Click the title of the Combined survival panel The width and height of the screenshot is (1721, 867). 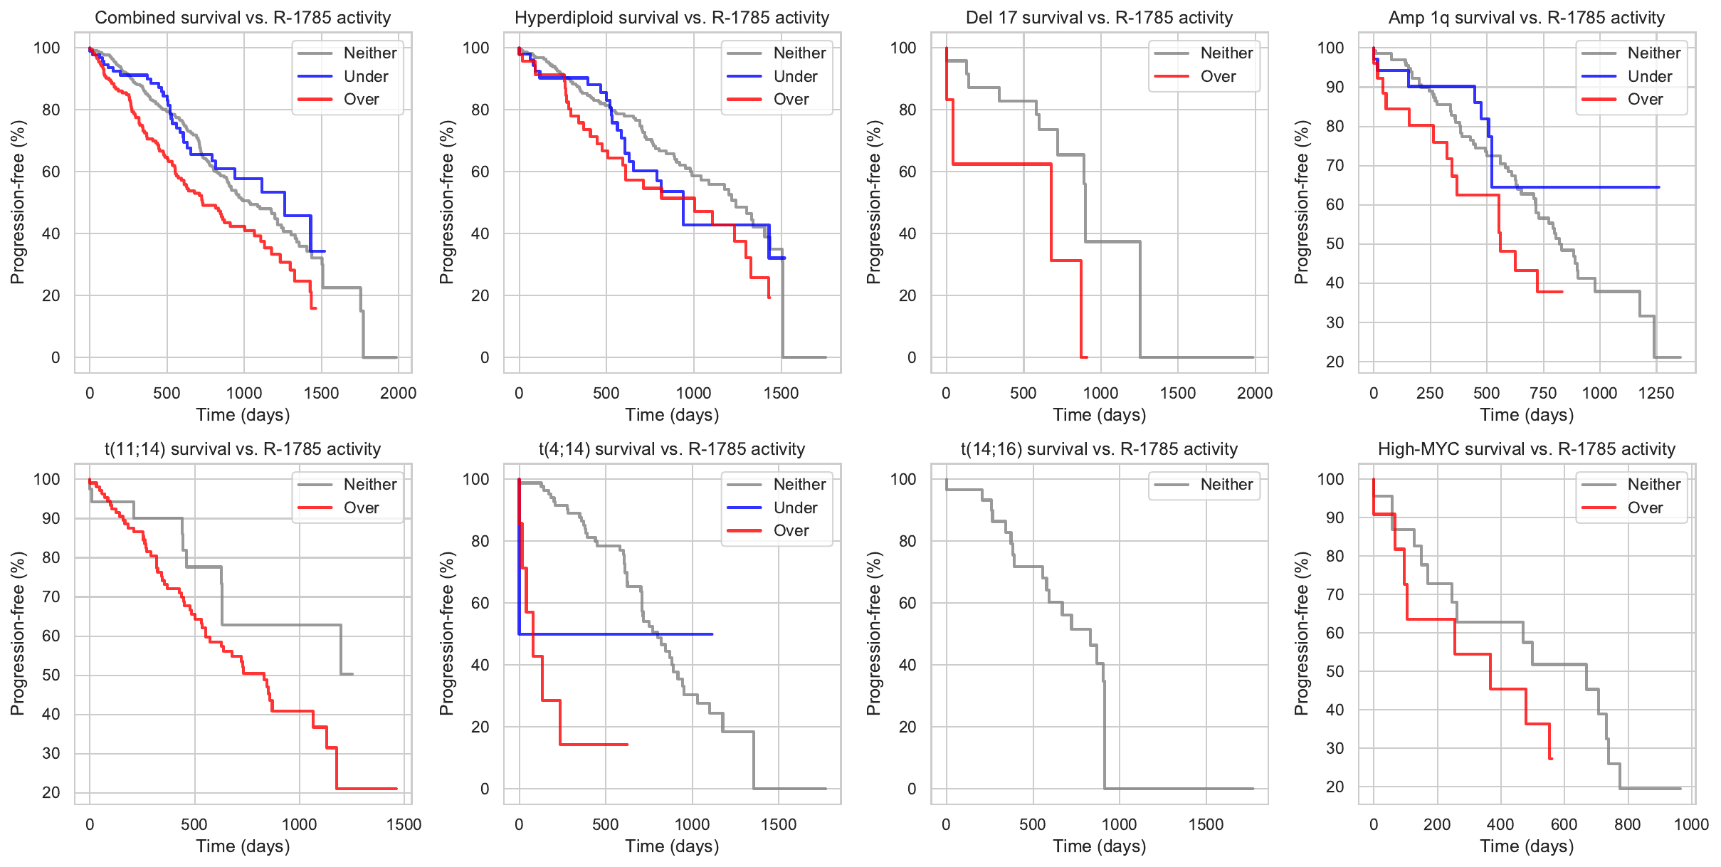click(243, 18)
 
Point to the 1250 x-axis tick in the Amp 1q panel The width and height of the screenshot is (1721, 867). click(1656, 394)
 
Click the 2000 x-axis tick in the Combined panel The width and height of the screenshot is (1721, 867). click(398, 394)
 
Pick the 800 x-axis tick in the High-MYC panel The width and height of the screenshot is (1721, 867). click(1627, 825)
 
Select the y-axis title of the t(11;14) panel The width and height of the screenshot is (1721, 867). click(17, 633)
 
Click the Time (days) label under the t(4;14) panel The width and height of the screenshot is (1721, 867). click(672, 846)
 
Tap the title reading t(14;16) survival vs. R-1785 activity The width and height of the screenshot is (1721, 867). click(1099, 449)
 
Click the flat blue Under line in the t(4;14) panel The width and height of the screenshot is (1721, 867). click(619, 634)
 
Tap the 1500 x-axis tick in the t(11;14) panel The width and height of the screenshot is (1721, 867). click(404, 825)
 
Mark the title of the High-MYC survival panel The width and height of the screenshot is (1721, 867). click(1527, 449)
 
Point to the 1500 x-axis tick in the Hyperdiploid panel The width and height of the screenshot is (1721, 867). click(781, 394)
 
